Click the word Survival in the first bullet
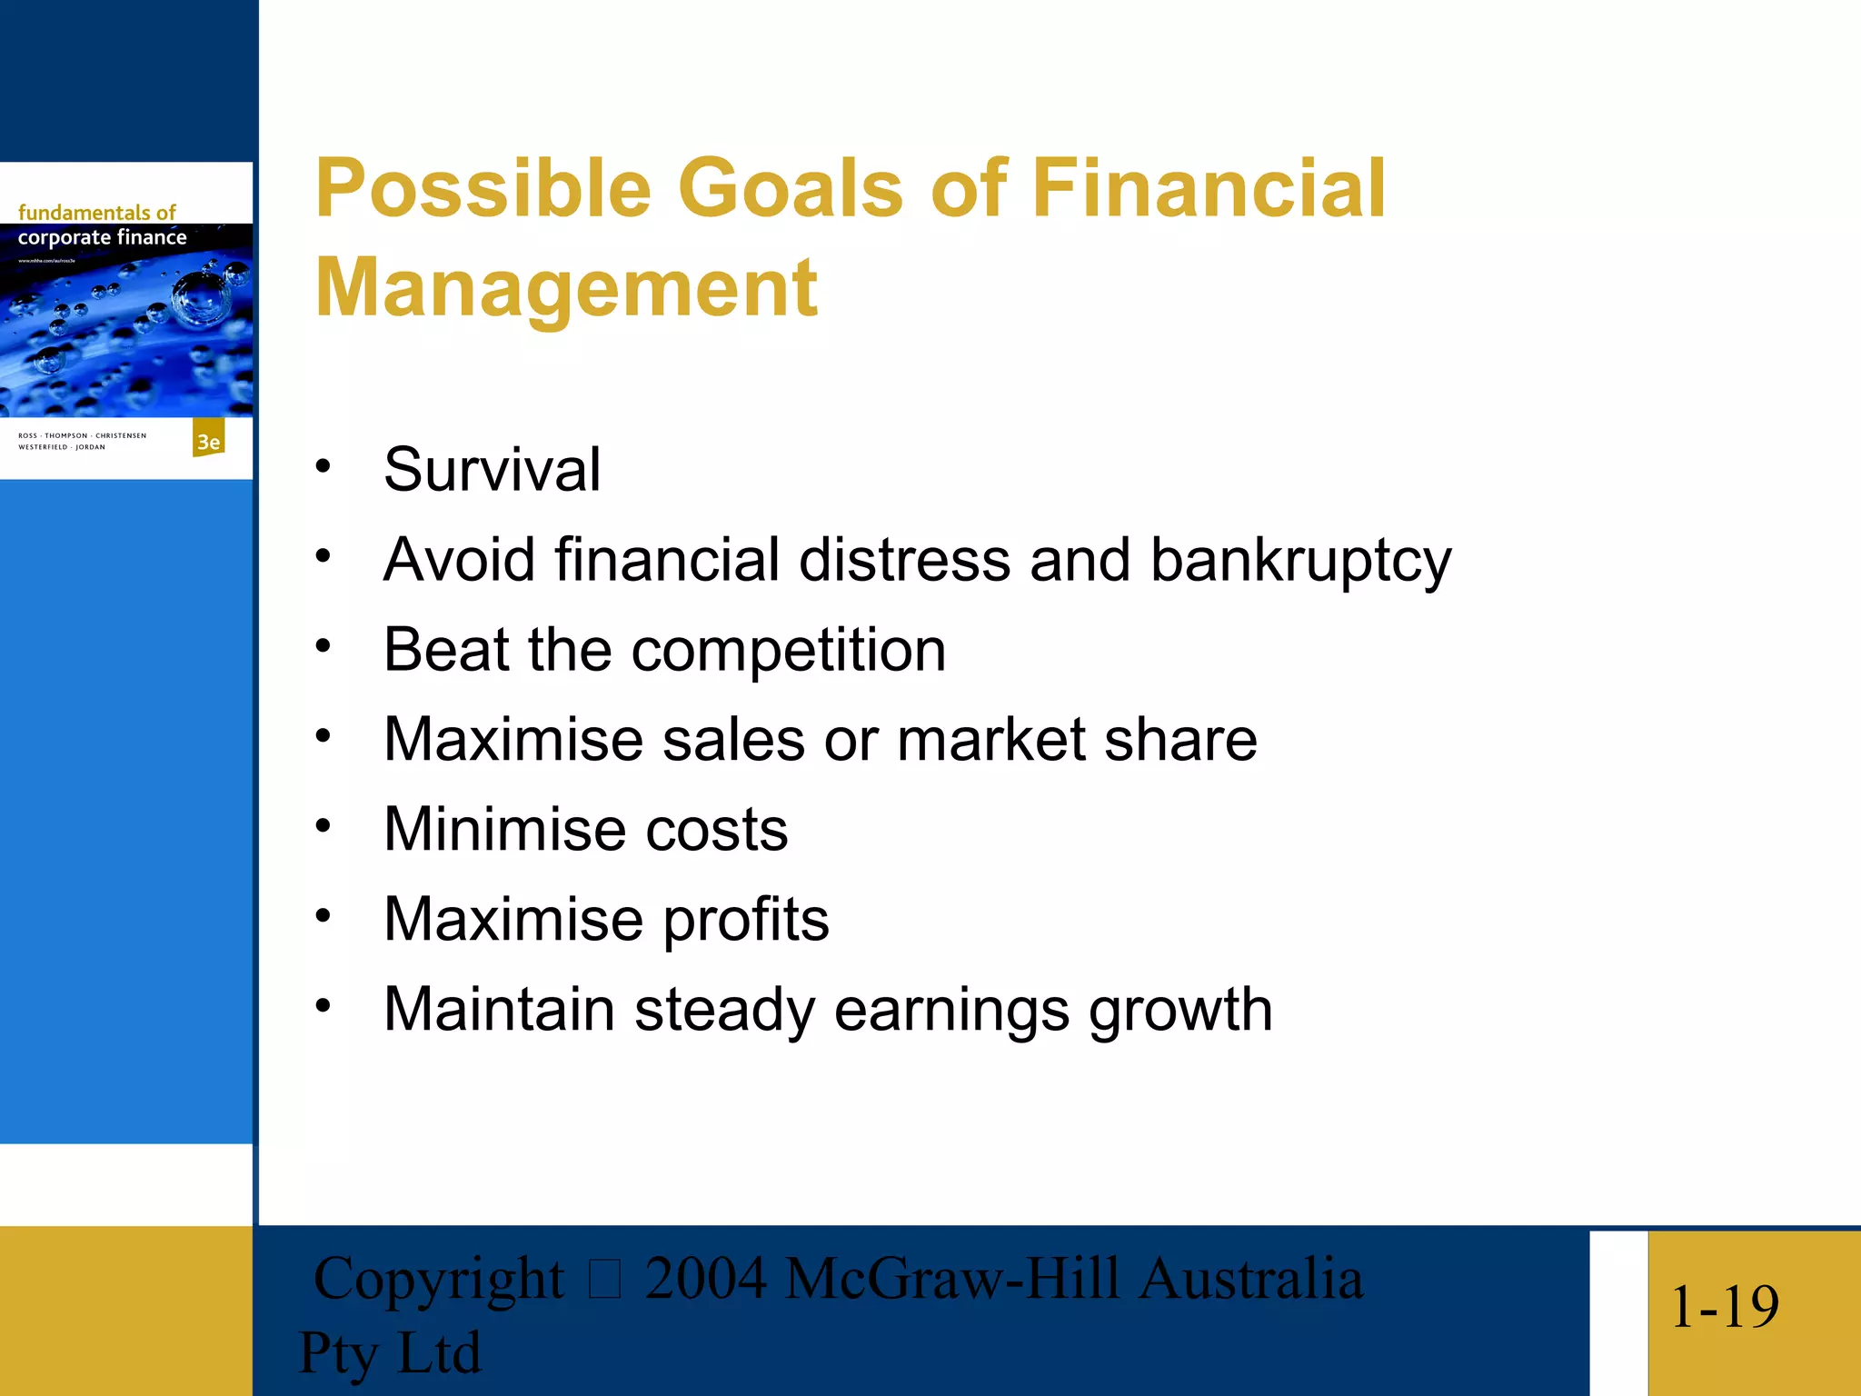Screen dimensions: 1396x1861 (x=492, y=470)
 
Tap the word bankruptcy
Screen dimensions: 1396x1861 (x=1300, y=561)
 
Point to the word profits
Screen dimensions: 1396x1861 (x=745, y=920)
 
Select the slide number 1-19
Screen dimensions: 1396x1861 (x=1724, y=1307)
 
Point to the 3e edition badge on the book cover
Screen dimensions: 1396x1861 (x=209, y=441)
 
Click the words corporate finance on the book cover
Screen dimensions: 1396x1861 (x=102, y=238)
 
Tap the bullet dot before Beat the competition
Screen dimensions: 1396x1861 (x=323, y=647)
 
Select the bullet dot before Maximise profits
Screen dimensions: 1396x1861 (x=323, y=916)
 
